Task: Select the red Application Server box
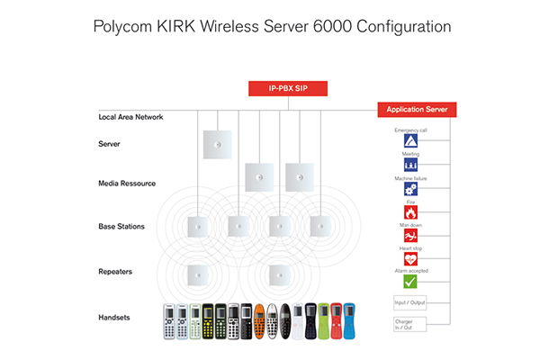(418, 109)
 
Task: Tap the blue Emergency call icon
(409, 142)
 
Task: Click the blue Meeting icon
(409, 166)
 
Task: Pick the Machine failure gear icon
(409, 189)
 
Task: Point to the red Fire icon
(409, 212)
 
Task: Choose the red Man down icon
(409, 236)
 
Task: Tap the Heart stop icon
(409, 259)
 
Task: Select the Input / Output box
(409, 302)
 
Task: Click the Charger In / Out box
(409, 323)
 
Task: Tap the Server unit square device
(217, 144)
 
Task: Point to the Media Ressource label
(127, 183)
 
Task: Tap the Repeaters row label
(116, 270)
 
